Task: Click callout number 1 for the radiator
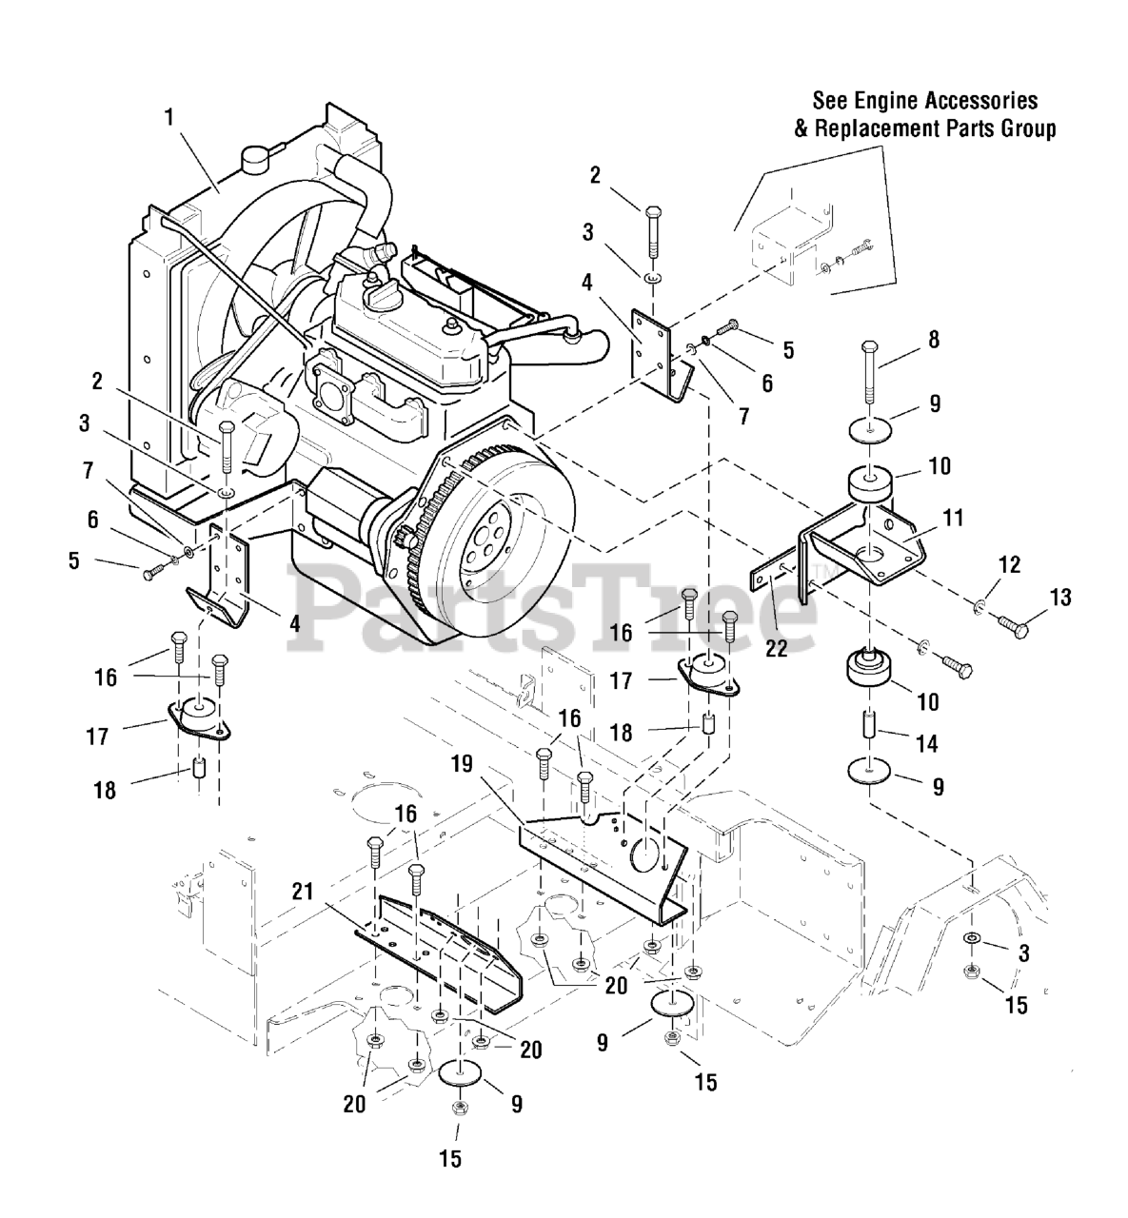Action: coord(168,117)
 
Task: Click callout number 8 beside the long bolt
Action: coord(934,339)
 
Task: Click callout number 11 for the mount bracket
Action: coord(953,518)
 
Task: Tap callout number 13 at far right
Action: coord(1059,597)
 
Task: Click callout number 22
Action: coord(777,648)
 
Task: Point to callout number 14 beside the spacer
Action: coord(927,744)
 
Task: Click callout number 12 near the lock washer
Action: coord(1010,564)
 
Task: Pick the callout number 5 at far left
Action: coord(74,560)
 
